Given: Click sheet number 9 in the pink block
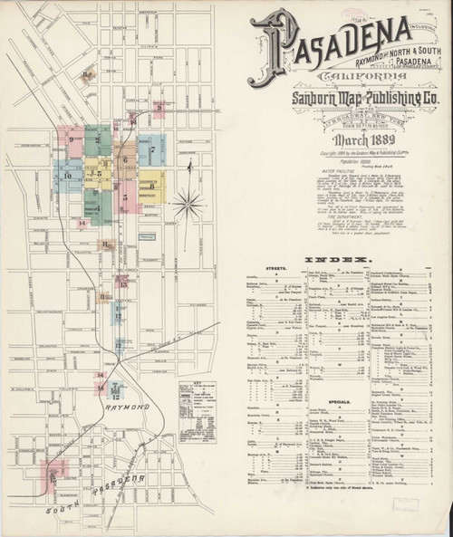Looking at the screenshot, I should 70,140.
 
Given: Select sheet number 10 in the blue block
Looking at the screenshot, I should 67,174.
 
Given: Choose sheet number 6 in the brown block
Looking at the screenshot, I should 125,159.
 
